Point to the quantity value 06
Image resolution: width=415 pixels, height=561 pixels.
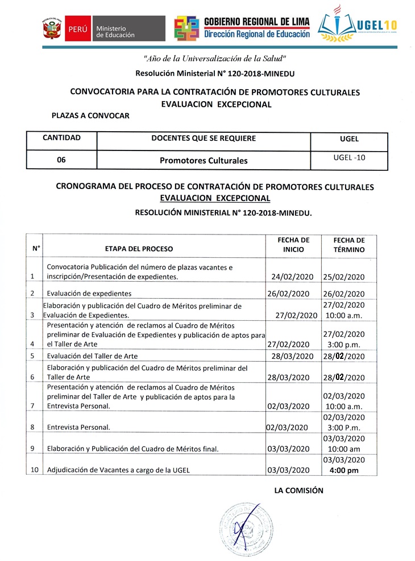61,160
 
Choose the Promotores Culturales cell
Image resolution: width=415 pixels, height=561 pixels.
204,161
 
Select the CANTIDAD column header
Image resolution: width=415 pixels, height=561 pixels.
61,138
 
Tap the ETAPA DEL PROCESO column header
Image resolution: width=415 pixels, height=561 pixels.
139,249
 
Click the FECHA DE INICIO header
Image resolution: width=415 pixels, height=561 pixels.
293,245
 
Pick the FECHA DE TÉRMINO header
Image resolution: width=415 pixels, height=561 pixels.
348,245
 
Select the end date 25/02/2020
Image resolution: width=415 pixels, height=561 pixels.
343,277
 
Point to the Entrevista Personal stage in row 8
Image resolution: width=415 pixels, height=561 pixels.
78,428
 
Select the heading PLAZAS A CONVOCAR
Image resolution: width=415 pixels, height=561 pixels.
90,116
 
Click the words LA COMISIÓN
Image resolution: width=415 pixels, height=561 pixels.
298,490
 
